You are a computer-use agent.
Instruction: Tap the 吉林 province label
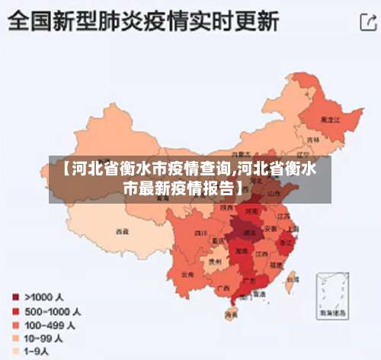pos(312,141)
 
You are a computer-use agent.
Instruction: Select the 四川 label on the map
pos(200,233)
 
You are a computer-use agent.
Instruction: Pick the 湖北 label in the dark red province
pos(248,231)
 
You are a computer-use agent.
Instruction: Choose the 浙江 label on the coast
pos(287,243)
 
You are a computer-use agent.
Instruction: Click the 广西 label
pos(223,288)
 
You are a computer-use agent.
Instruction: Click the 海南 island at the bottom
pos(231,314)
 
